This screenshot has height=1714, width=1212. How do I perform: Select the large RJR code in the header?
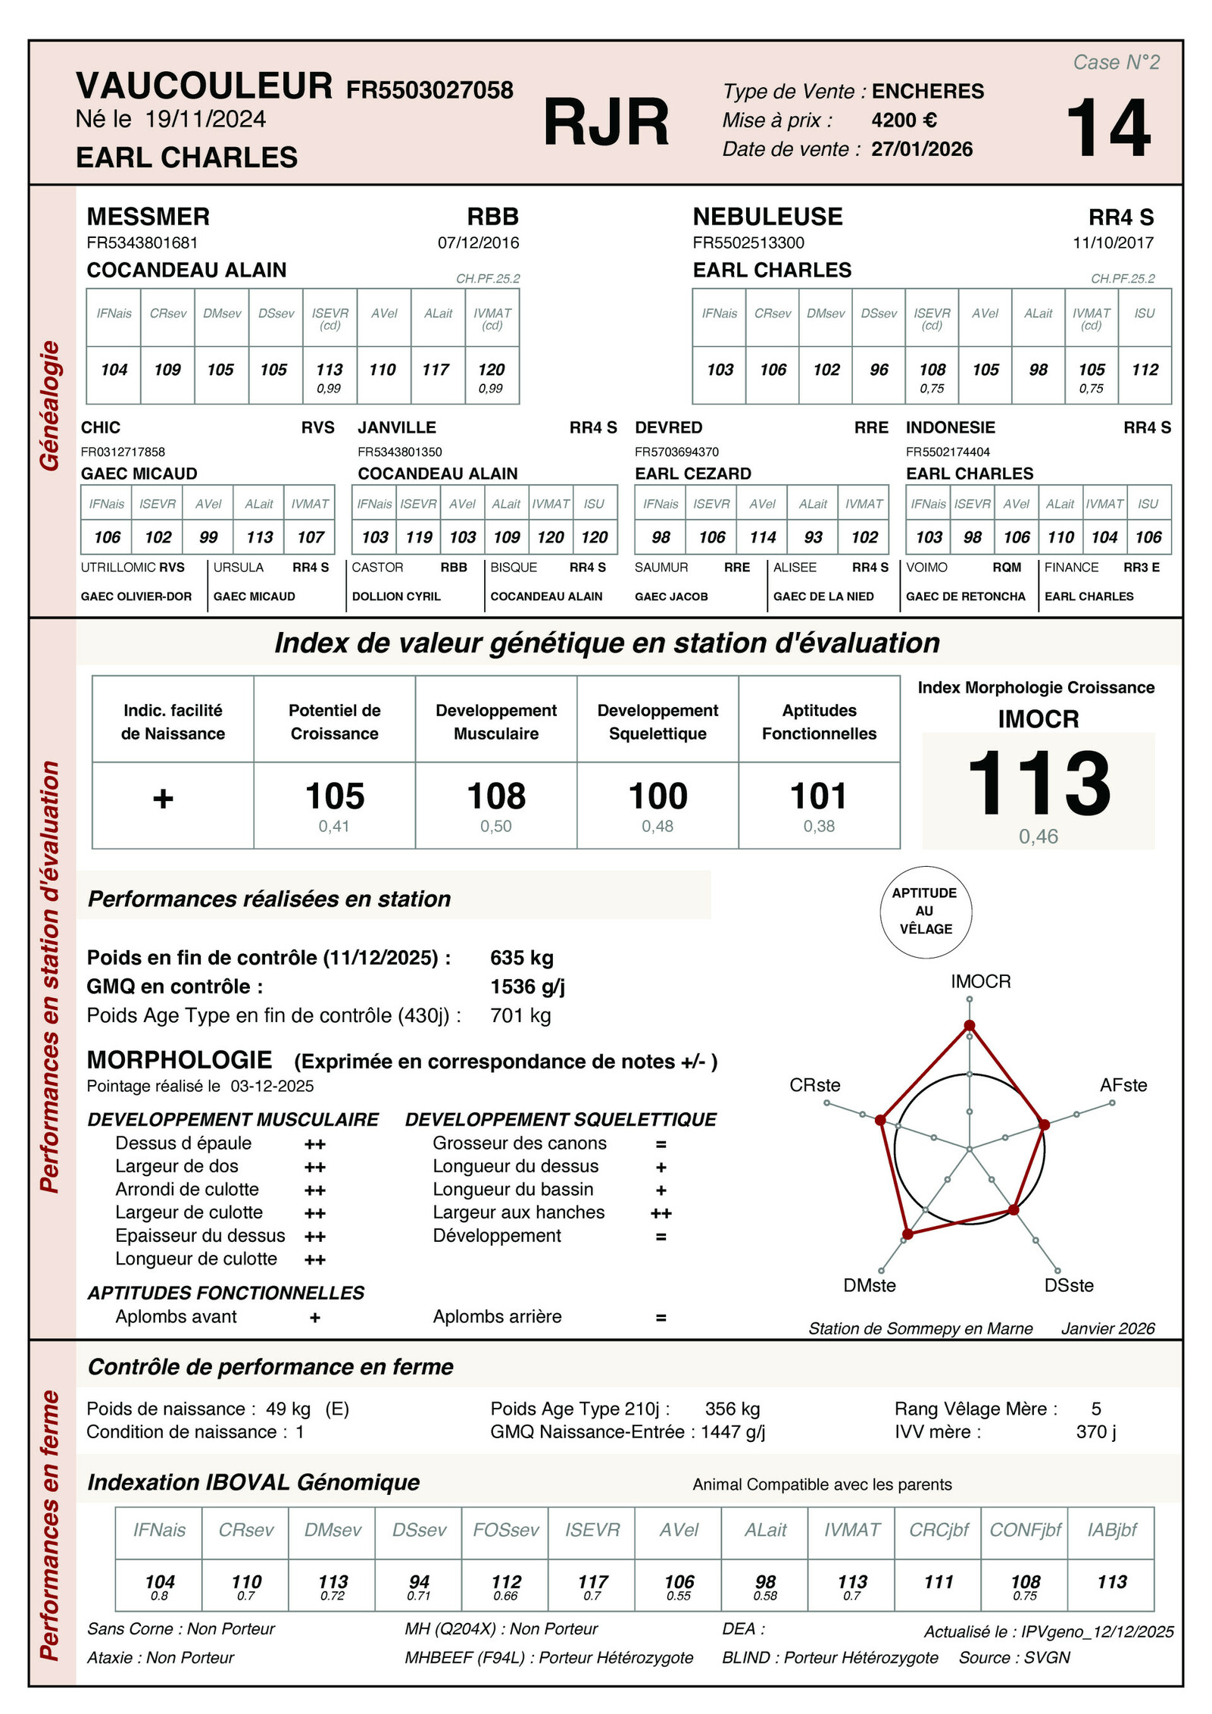(x=606, y=123)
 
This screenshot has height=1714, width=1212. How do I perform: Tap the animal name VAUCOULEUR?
(x=204, y=86)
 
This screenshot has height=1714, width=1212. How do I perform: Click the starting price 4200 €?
(x=904, y=120)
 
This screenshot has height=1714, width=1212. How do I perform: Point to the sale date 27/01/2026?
(x=921, y=149)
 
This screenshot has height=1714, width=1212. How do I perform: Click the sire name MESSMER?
(x=148, y=217)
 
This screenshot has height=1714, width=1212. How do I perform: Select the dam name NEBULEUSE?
(x=767, y=217)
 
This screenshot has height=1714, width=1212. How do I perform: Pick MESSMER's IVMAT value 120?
(x=492, y=370)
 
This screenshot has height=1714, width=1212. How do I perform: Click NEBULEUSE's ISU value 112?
(x=1145, y=370)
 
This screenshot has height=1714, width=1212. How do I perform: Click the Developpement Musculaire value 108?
(x=496, y=796)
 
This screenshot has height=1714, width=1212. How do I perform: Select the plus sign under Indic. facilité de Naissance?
(x=163, y=799)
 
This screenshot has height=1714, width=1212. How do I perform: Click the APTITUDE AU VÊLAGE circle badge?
(x=925, y=911)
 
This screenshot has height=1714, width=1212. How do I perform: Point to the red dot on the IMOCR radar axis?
(x=969, y=1026)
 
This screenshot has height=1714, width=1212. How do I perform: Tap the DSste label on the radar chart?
(x=1068, y=1285)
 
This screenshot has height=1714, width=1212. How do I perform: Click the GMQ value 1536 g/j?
(x=527, y=987)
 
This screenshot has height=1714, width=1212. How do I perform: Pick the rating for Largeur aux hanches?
(x=661, y=1213)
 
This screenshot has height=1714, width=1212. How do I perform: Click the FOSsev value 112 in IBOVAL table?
(x=506, y=1581)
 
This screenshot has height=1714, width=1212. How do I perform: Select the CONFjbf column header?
(x=1025, y=1530)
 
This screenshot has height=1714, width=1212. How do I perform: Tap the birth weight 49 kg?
(x=288, y=1409)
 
